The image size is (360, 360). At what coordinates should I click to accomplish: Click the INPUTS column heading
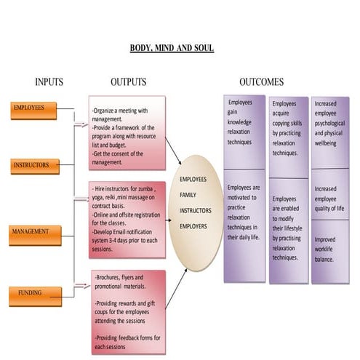click(49, 82)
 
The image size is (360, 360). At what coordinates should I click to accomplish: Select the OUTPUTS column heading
click(128, 82)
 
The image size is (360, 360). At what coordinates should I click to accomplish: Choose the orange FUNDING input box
click(31, 293)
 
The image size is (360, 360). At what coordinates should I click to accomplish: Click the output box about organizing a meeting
click(127, 132)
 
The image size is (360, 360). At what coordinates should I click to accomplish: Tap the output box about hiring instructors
click(127, 217)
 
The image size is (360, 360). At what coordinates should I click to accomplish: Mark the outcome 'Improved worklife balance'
click(329, 249)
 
